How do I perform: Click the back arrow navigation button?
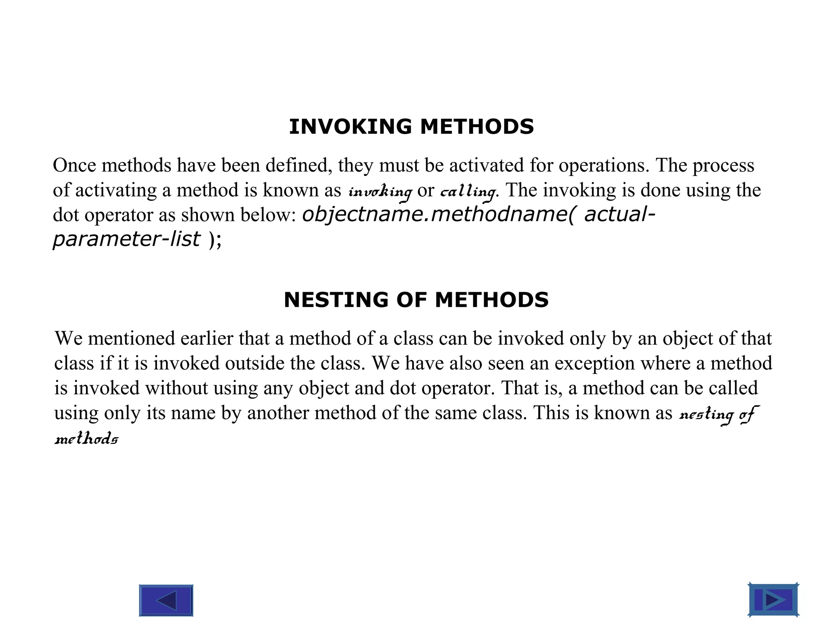166,600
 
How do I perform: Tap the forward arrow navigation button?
773,600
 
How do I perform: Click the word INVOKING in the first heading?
350,127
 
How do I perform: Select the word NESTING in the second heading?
337,300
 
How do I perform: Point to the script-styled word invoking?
380,191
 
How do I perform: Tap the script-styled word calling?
468,191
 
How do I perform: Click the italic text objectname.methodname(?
438,214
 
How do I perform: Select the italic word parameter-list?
126,239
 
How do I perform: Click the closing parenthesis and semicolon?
215,240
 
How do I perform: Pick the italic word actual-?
619,214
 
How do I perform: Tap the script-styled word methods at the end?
86,438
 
